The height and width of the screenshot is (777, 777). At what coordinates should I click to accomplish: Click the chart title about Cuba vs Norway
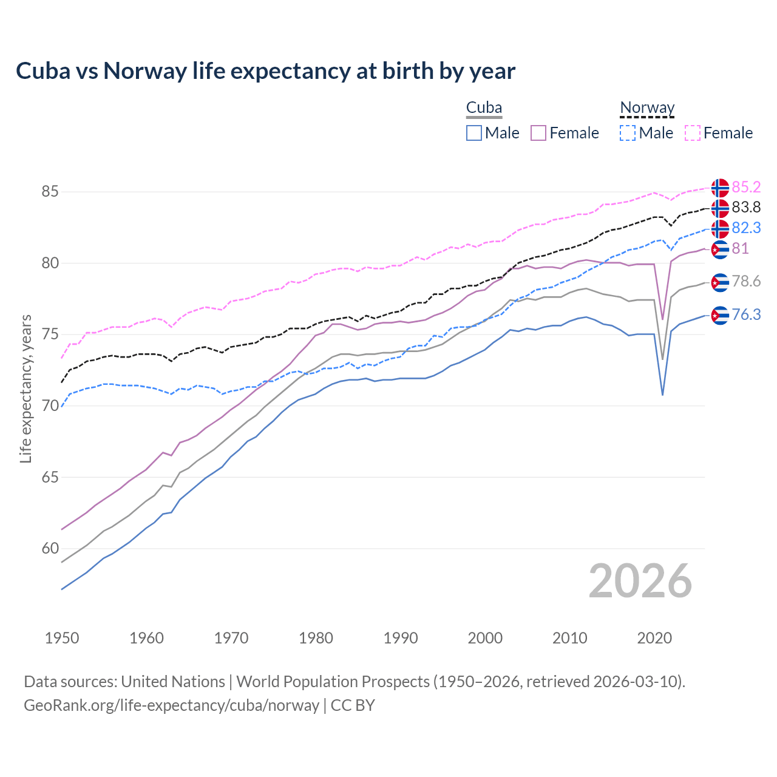[x=265, y=71]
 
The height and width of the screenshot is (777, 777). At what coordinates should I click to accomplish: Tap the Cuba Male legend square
[x=474, y=133]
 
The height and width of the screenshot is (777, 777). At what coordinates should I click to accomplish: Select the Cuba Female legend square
[x=538, y=133]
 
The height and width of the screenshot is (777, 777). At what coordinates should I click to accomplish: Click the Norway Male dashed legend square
[x=628, y=133]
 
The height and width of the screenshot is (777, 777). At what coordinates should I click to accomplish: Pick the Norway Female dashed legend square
[x=693, y=133]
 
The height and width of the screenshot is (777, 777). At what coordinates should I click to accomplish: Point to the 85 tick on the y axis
[x=50, y=192]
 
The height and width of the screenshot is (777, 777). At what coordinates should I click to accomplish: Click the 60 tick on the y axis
[x=50, y=549]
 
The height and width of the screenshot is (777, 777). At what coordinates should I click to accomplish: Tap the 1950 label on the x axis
[x=62, y=638]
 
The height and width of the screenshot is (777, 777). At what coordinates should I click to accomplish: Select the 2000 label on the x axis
[x=485, y=638]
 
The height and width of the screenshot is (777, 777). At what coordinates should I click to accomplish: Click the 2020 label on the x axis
[x=654, y=638]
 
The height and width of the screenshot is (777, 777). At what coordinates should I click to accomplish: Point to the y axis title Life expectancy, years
[x=25, y=388]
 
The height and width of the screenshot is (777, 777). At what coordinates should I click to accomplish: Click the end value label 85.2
[x=746, y=187]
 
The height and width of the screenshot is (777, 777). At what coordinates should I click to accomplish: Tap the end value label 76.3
[x=746, y=314]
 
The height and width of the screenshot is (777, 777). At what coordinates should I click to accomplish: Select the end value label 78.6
[x=746, y=282]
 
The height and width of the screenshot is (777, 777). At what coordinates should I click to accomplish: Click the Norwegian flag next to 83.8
[x=720, y=208]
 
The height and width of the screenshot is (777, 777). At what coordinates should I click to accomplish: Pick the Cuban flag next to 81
[x=720, y=249]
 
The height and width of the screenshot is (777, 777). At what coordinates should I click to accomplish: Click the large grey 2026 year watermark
[x=640, y=581]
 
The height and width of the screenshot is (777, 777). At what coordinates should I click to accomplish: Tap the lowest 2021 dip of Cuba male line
[x=662, y=395]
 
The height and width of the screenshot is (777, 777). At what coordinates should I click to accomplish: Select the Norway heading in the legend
[x=647, y=108]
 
